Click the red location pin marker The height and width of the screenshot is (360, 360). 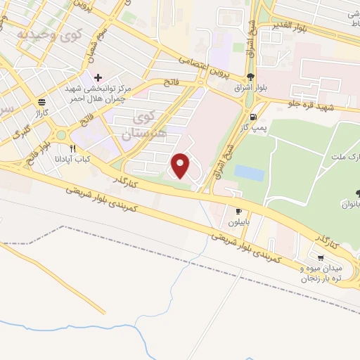(181, 166)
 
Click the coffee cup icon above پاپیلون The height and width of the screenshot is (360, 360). (238, 211)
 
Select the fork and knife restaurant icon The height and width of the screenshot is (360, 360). (72, 148)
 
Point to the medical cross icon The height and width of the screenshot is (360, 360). (98, 77)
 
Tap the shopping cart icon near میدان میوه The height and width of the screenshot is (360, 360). (321, 257)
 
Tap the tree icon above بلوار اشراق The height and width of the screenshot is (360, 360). (251, 78)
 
